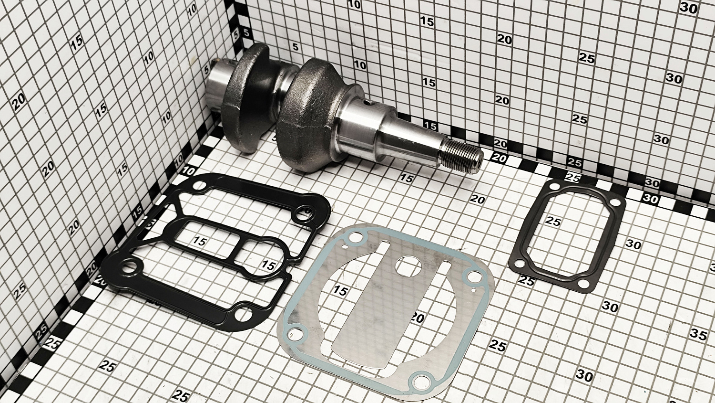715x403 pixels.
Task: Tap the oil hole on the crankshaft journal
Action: click(x=368, y=103)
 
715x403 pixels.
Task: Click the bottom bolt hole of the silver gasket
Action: click(x=421, y=381)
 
